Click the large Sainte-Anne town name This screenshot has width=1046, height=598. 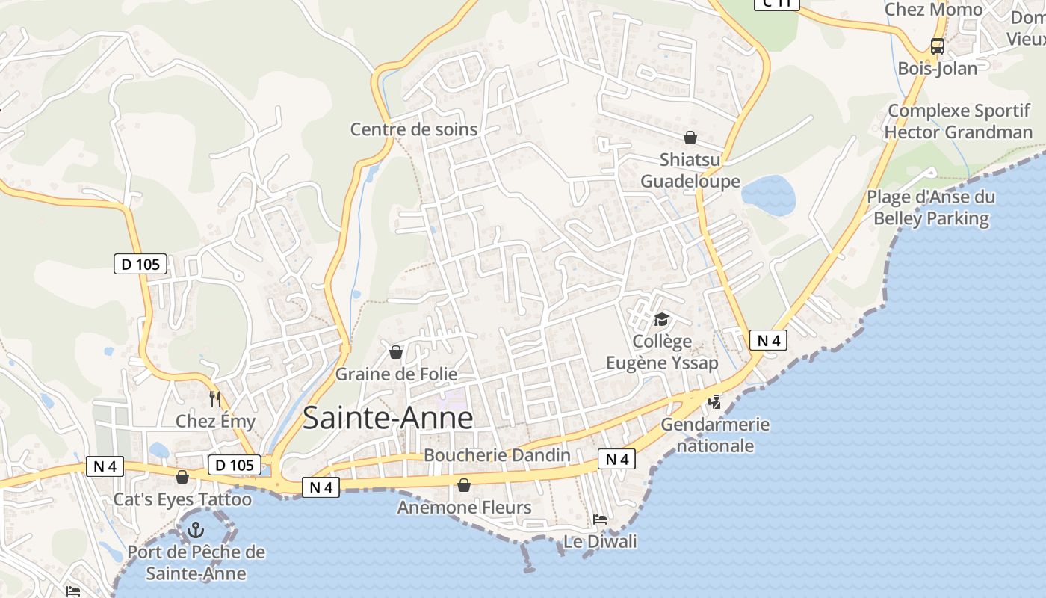(388, 419)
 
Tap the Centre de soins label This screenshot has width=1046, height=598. (414, 129)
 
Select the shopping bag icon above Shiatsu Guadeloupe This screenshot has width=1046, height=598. (690, 138)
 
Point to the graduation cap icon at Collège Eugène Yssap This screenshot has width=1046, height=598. (661, 320)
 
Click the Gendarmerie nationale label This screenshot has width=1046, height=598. (715, 435)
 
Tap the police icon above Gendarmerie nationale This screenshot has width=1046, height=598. (715, 401)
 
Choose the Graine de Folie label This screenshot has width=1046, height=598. (396, 374)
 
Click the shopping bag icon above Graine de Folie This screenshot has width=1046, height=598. (396, 351)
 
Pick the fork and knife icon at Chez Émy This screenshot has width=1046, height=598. (215, 398)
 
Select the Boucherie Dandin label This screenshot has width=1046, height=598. (497, 455)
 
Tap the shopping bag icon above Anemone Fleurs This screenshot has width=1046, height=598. (464, 486)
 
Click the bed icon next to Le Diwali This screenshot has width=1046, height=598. (599, 519)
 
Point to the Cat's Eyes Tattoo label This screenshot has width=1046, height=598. (183, 499)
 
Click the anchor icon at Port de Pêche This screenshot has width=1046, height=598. (196, 531)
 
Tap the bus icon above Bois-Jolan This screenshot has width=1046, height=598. (938, 46)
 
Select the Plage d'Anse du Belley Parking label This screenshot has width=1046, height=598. (931, 208)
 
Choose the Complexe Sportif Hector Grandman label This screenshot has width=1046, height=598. (959, 122)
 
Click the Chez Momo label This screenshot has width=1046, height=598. (933, 10)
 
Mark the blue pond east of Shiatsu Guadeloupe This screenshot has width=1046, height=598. (768, 195)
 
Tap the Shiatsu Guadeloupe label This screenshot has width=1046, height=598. (690, 170)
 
